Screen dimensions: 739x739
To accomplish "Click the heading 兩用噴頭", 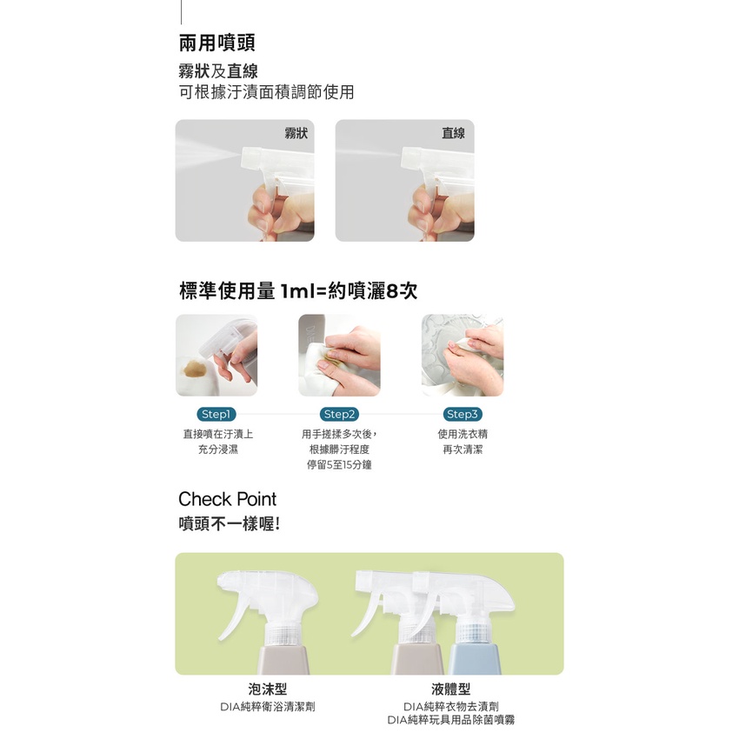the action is (x=217, y=43).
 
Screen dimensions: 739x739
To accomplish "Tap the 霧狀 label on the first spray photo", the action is (x=296, y=133).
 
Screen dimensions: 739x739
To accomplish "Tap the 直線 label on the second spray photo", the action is (x=453, y=133).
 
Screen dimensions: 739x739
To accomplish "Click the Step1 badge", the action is (x=216, y=414).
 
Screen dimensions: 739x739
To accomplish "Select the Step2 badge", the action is (x=339, y=414).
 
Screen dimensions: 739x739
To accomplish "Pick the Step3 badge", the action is (x=463, y=414).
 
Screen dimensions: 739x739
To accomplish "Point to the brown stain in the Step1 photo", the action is (x=195, y=369).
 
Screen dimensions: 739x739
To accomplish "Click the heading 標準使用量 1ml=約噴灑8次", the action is (x=298, y=290).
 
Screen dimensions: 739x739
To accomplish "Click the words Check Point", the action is (x=227, y=499).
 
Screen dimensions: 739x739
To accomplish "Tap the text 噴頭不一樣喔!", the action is (x=230, y=523).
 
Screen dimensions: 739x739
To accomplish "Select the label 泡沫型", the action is (x=267, y=689).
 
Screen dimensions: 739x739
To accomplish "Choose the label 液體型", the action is (x=450, y=689).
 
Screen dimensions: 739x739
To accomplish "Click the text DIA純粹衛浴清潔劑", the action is (x=267, y=707).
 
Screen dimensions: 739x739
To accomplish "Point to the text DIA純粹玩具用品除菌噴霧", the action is (x=451, y=720).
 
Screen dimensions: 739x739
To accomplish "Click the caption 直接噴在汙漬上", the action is (x=217, y=434).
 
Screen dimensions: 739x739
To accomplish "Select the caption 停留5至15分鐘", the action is (x=339, y=465).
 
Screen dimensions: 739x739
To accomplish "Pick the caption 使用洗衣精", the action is (x=463, y=434).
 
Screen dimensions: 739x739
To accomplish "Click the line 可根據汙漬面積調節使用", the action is (x=266, y=92).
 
